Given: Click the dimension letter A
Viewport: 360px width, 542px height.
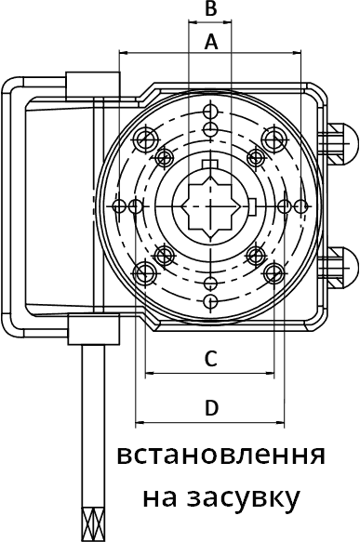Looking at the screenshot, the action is tap(211, 42).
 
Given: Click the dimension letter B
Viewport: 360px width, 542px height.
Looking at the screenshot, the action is tap(210, 8).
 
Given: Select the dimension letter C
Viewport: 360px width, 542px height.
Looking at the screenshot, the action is tap(210, 358).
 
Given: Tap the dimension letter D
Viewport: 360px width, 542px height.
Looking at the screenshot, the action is tap(211, 407).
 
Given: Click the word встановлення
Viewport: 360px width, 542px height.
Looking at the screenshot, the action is tap(221, 456).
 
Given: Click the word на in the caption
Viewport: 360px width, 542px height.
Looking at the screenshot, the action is tap(160, 497).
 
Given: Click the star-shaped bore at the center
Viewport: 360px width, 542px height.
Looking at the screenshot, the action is tap(210, 206).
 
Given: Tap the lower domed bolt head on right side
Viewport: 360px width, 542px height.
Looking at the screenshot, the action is tap(342, 267).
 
